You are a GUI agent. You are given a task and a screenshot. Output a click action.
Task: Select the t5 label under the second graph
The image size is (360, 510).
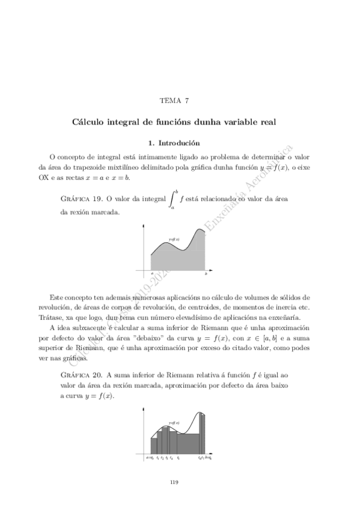[x=178, y=458]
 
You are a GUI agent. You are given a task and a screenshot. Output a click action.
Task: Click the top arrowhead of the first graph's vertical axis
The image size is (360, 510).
[x=144, y=225]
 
